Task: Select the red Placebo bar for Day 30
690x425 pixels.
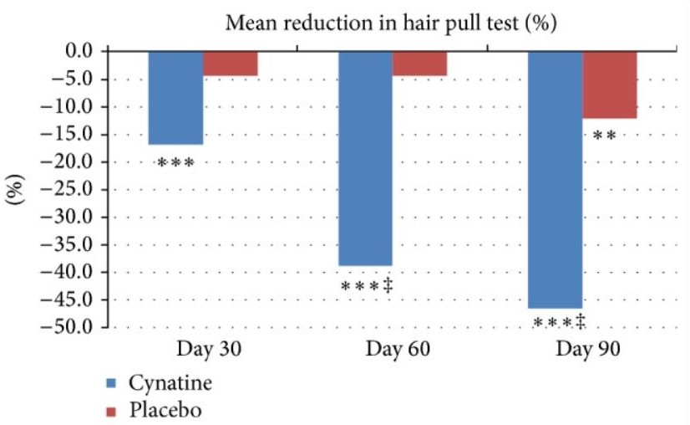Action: pos(230,64)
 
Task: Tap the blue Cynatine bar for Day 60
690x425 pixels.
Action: pos(365,159)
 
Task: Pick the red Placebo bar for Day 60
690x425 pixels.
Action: pos(419,64)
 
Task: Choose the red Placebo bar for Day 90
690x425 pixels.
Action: pos(610,84)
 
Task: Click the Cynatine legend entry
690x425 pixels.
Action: pos(159,384)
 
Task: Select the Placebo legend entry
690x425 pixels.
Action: pos(155,410)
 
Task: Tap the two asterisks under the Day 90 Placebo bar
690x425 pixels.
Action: pos(604,135)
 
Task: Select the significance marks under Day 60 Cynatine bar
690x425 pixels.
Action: pos(368,286)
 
